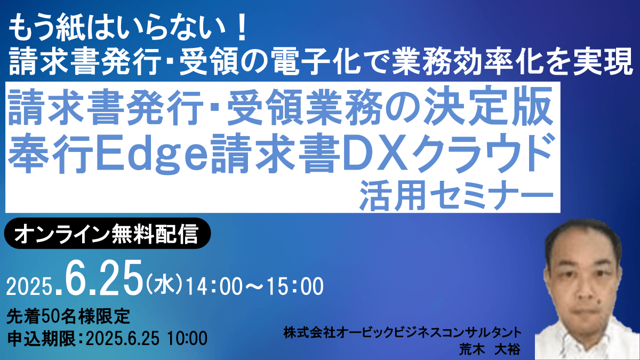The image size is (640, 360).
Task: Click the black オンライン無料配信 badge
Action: [107, 234]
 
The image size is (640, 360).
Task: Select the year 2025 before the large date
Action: [29, 286]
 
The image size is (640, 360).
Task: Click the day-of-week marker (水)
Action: [164, 284]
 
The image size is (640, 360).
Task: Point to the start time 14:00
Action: [218, 286]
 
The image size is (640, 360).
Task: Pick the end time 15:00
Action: [294, 286]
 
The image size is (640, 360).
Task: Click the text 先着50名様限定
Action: [68, 317]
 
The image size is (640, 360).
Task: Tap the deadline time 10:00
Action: [187, 339]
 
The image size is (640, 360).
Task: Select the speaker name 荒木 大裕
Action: [490, 349]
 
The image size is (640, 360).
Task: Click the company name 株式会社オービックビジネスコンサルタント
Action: [402, 333]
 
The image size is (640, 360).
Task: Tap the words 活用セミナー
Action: [457, 195]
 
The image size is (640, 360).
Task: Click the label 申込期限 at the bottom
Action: [42, 339]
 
